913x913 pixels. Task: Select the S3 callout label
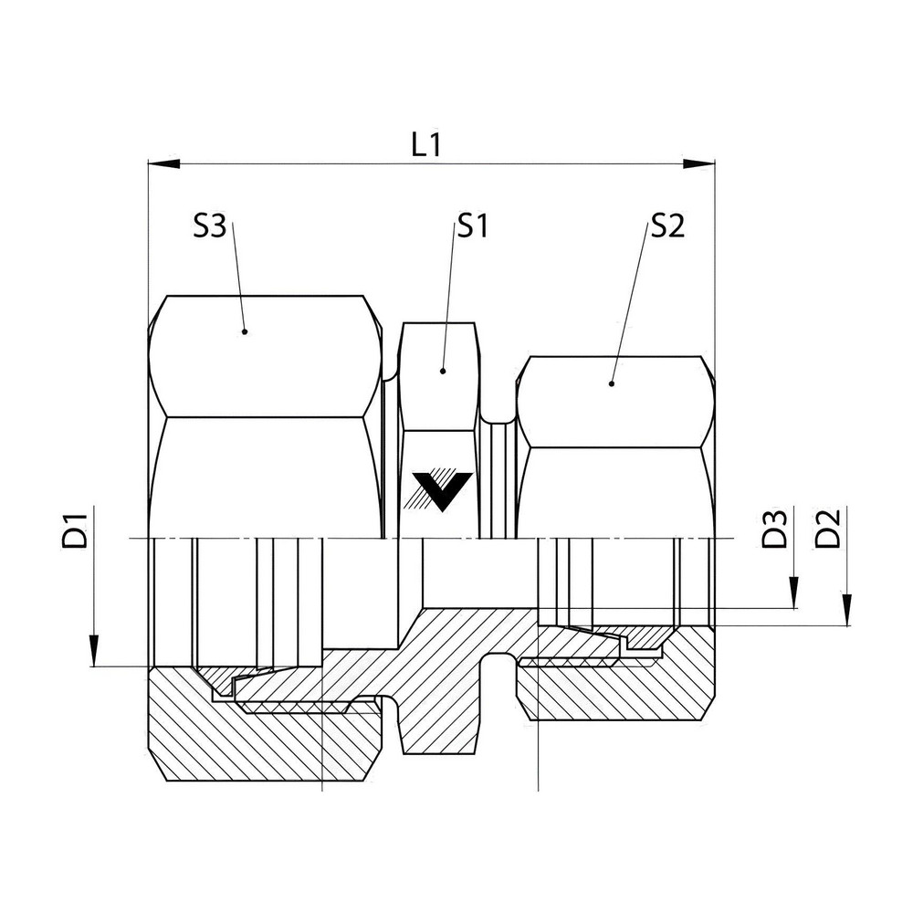click(x=210, y=226)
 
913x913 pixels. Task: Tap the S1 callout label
click(x=472, y=226)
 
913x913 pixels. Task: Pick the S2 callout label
click(x=668, y=226)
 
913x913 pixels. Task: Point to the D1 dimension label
click(x=75, y=530)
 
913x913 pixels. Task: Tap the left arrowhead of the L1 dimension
click(x=164, y=163)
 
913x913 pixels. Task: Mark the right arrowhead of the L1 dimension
click(x=698, y=163)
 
